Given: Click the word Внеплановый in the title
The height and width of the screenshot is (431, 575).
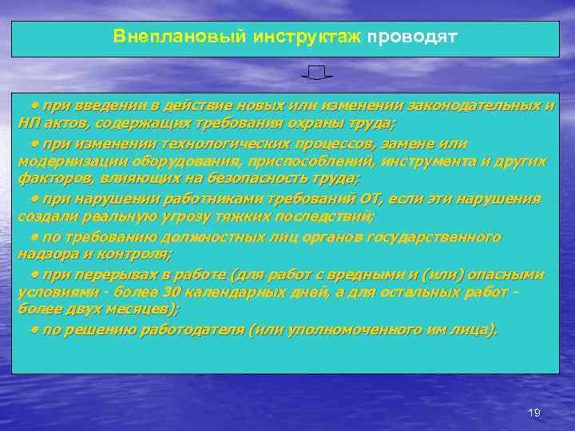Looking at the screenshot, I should (x=157, y=38).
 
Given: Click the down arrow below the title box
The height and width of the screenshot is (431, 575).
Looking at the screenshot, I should (x=317, y=74).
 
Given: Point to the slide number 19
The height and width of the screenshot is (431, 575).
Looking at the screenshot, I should (x=534, y=412).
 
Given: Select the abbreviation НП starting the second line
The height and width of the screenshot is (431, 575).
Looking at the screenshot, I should (x=29, y=124).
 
